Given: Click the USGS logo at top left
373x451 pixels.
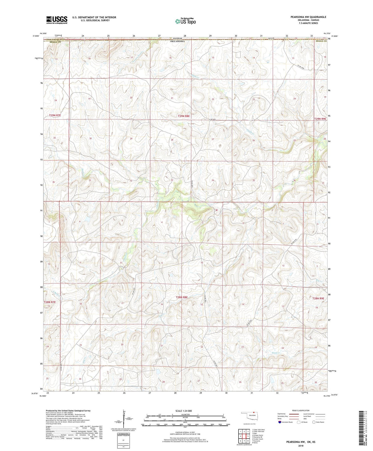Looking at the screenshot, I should [x=57, y=20].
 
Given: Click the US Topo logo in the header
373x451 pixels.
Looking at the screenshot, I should [x=185, y=21].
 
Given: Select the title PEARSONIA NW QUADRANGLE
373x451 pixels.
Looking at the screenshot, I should [x=308, y=17].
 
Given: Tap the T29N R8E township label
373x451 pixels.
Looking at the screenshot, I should [x=184, y=116].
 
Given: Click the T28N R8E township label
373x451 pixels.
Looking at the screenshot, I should [x=182, y=297].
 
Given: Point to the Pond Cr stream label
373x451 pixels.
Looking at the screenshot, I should [x=276, y=353].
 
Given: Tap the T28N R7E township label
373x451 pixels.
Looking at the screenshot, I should [x=50, y=302].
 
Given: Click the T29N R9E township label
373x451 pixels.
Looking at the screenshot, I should [x=320, y=119].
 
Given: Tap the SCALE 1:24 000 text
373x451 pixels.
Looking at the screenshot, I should [x=183, y=411].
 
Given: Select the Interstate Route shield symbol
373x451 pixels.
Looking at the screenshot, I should [x=280, y=422].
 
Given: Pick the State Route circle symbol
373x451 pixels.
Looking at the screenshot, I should [x=314, y=422].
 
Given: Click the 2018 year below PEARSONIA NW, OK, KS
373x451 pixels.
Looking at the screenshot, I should [x=300, y=446].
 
